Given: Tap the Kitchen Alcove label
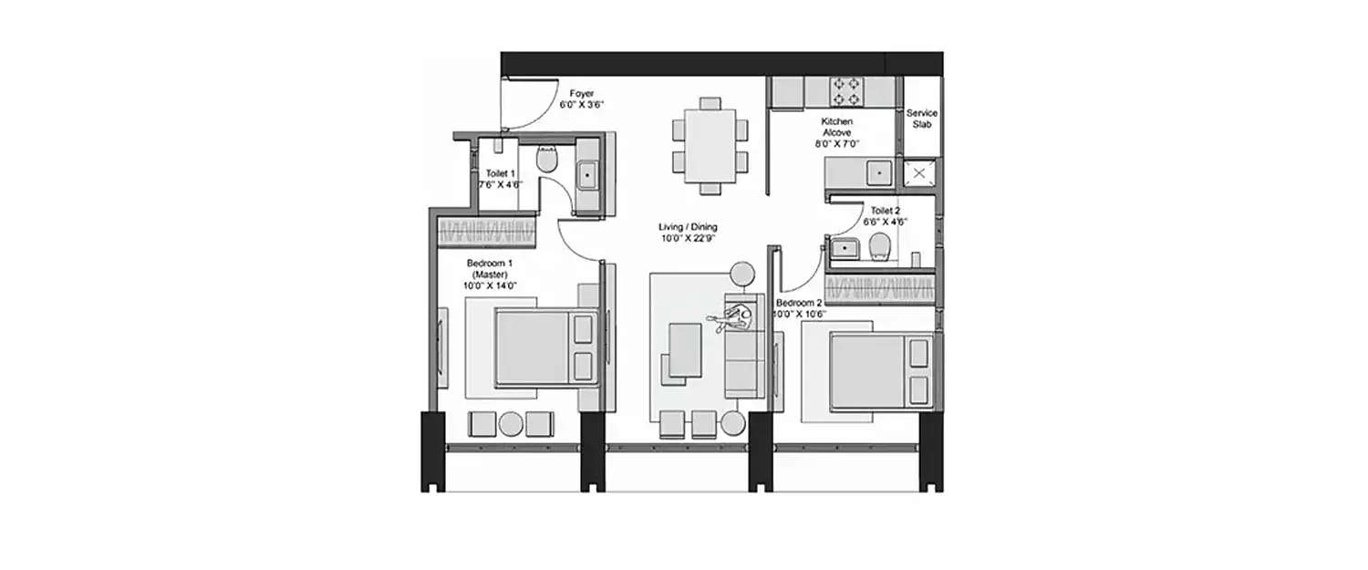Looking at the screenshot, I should (836, 132).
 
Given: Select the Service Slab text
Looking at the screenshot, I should (921, 119).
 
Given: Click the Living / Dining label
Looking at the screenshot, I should (689, 233).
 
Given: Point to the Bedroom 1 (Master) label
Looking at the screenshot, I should (489, 274).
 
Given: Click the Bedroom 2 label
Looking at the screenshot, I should (800, 308).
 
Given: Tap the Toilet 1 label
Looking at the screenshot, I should (501, 178).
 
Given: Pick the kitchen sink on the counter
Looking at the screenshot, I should (878, 171).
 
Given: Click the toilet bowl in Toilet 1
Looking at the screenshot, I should (547, 161).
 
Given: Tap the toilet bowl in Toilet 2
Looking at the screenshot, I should (879, 246).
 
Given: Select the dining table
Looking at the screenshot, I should (710, 145).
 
